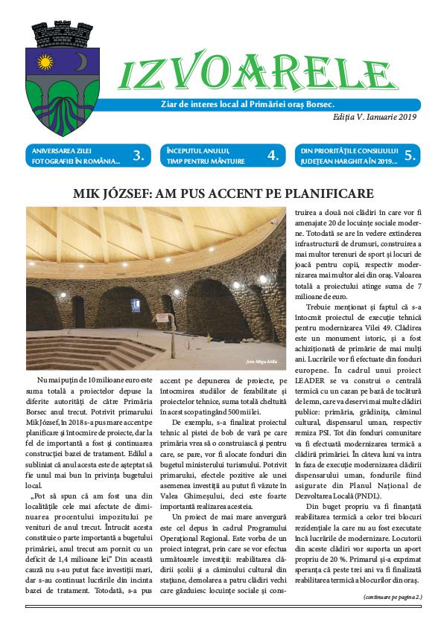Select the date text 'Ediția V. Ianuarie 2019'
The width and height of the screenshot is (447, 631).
tap(375, 117)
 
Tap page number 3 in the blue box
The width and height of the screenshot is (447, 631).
tap(138, 156)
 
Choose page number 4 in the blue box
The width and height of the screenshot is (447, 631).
tap(273, 156)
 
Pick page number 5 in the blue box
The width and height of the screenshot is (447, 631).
tap(410, 156)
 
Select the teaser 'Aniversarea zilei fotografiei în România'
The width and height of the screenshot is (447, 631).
tap(72, 156)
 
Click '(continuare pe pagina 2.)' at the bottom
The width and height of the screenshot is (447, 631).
tap(393, 597)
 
